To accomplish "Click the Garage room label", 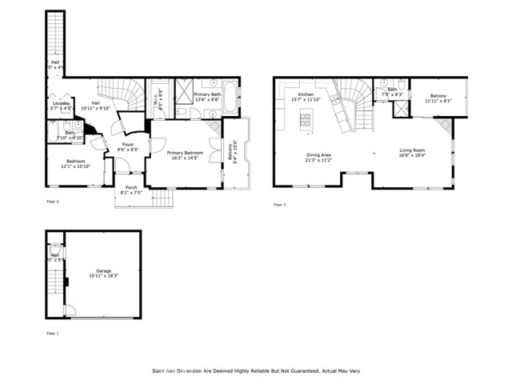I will click(x=102, y=270).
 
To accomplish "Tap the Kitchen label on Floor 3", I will click(x=306, y=95).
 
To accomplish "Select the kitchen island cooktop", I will click(x=305, y=121).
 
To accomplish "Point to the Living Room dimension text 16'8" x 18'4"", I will click(x=412, y=155).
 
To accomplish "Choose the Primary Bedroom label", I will click(x=185, y=152).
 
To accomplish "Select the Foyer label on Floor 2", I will click(x=129, y=145).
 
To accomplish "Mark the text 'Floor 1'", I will click(x=53, y=333).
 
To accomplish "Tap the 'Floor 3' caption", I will click(x=280, y=205).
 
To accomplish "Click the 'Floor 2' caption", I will click(x=53, y=202).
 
